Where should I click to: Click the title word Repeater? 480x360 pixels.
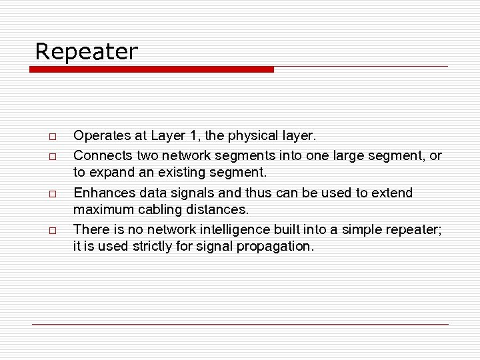click(x=86, y=51)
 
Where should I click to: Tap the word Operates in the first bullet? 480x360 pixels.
click(x=102, y=136)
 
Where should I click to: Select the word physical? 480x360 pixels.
click(x=255, y=136)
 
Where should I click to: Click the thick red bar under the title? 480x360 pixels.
click(x=153, y=69)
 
